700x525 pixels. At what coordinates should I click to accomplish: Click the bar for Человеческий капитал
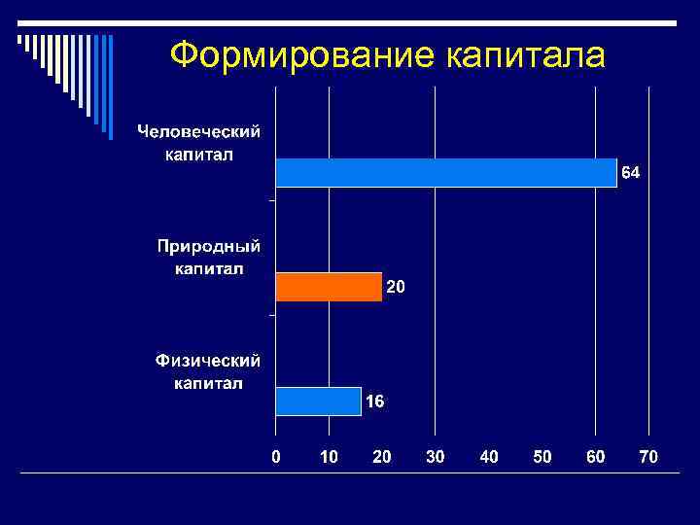coord(446,172)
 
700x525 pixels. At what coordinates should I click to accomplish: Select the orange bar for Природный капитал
coord(329,287)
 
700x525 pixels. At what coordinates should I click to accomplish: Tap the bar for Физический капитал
coord(318,401)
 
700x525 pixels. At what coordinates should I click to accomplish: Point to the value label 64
coord(631,173)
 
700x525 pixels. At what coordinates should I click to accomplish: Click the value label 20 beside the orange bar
coord(397,288)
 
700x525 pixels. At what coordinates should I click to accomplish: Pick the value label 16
coord(375,401)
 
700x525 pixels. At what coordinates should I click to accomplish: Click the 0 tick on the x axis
coord(276,456)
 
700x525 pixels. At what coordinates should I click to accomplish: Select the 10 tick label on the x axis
coord(329,456)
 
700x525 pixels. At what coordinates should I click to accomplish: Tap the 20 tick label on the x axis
coord(382,456)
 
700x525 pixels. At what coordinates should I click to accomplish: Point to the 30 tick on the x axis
coord(436,456)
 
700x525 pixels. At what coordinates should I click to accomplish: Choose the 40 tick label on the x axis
coord(489,456)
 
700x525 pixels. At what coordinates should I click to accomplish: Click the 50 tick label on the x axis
coord(542,456)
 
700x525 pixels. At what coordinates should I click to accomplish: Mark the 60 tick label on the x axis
coord(595,456)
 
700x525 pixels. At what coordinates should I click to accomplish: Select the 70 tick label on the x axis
coord(648,456)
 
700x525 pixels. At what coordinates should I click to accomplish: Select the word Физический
coord(208,361)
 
